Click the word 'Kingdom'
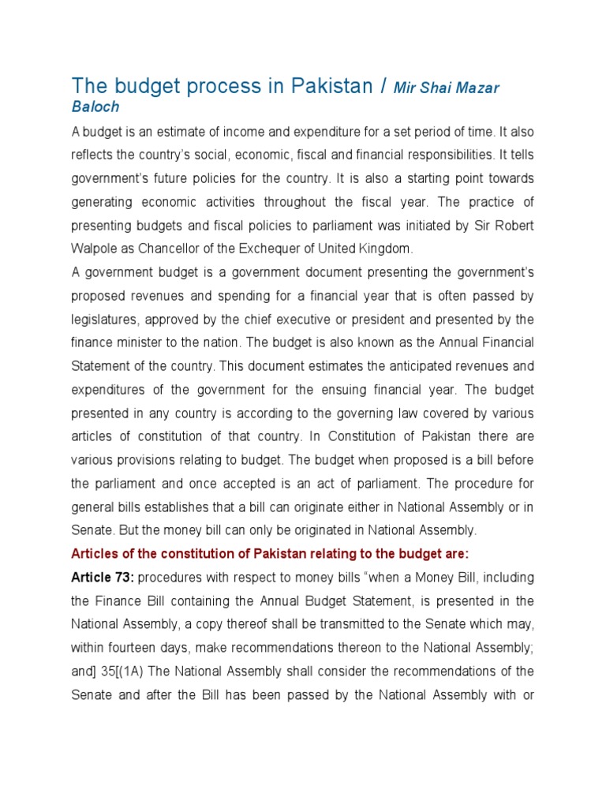[386, 249]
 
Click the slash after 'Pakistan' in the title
[383, 86]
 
